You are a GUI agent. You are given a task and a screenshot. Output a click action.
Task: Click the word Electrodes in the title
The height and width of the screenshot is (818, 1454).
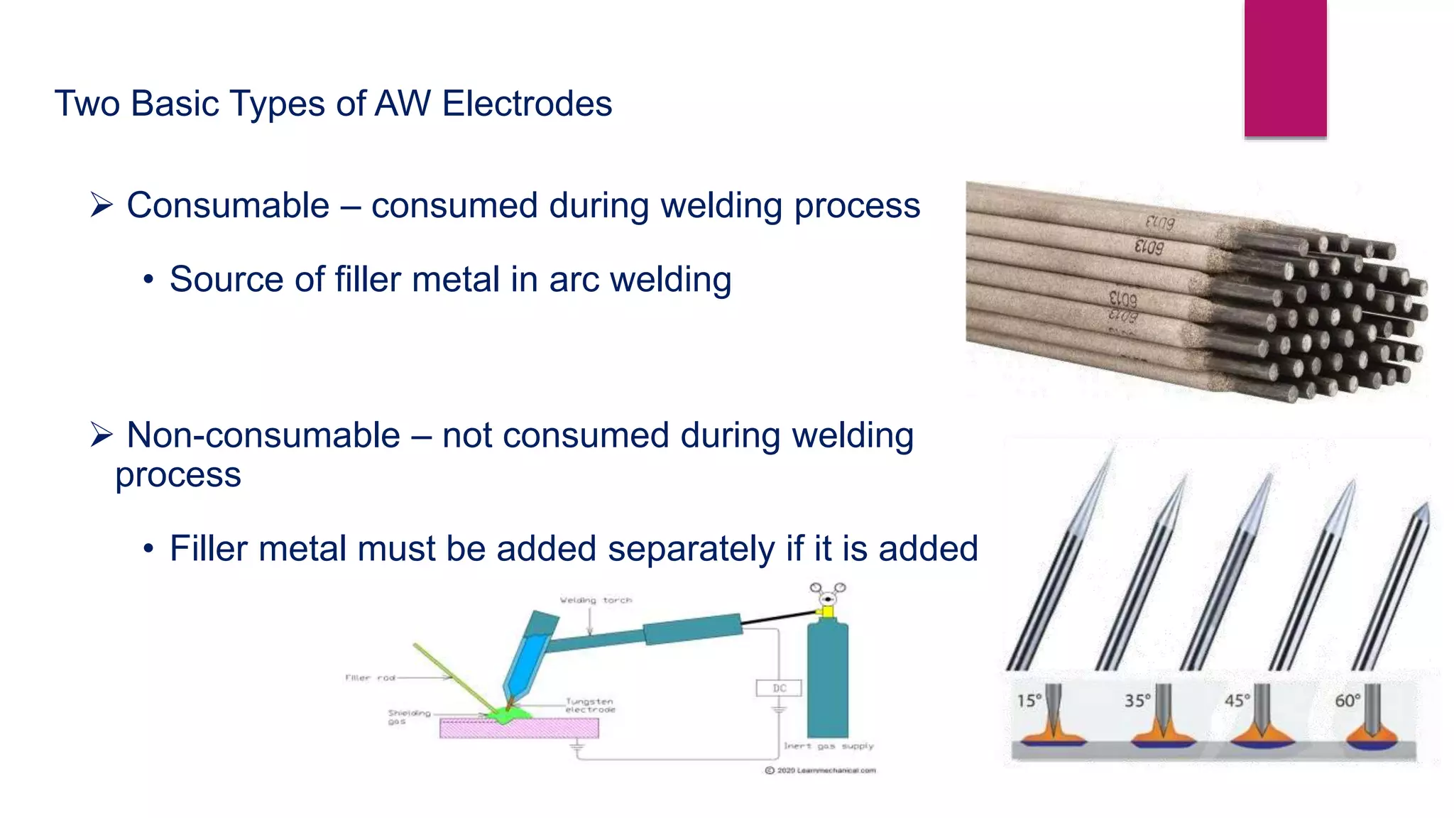(526, 104)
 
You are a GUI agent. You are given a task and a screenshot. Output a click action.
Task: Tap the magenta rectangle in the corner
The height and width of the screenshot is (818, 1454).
(1285, 67)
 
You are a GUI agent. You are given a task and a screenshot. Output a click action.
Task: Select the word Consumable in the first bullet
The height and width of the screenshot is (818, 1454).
(228, 206)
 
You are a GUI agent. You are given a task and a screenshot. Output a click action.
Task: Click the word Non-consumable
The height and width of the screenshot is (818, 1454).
(263, 435)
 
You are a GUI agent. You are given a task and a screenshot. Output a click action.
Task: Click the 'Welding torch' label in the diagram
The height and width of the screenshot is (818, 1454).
(596, 601)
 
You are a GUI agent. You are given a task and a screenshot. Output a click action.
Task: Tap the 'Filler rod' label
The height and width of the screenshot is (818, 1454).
(370, 678)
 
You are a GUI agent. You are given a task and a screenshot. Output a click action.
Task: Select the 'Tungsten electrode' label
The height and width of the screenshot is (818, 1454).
(589, 705)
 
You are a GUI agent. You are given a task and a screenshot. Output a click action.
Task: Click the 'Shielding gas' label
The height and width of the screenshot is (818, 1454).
(409, 716)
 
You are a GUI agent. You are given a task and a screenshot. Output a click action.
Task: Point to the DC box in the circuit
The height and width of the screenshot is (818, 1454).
(779, 688)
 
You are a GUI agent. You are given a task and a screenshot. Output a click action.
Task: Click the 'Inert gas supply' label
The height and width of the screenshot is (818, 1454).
(829, 746)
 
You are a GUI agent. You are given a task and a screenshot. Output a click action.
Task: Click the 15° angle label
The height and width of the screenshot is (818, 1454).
(1029, 701)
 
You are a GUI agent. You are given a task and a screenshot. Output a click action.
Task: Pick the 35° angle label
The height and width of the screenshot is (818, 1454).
(1137, 701)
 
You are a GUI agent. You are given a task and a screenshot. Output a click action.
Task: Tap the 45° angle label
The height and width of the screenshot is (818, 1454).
(1237, 701)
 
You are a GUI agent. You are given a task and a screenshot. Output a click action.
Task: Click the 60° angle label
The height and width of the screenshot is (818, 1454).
(1348, 701)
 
